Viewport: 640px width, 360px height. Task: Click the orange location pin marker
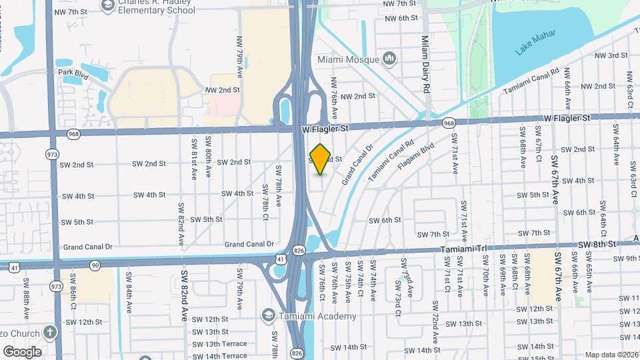click(x=321, y=159)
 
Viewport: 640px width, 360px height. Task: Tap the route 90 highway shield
click(x=96, y=265)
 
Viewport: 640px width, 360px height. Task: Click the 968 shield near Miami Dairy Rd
click(x=449, y=123)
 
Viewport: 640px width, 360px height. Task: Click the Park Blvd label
click(x=73, y=72)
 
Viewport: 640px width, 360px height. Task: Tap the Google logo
click(x=22, y=351)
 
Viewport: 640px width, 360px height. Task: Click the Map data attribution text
click(x=611, y=355)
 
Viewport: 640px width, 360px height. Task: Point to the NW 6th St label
click(x=400, y=18)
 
